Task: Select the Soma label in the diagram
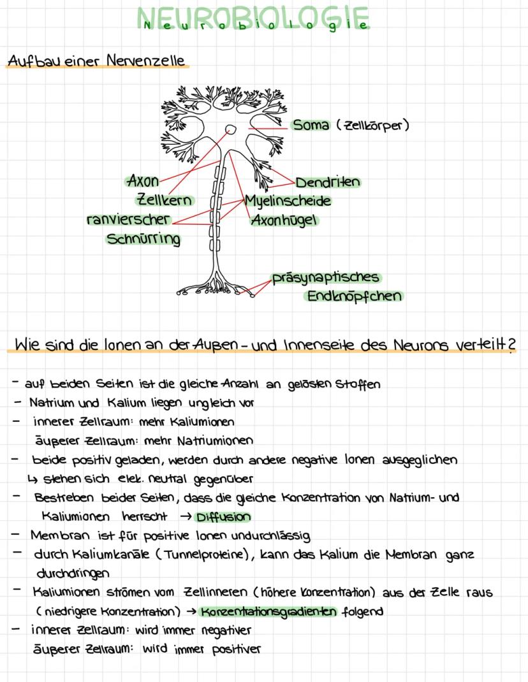[311, 125]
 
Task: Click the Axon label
[143, 180]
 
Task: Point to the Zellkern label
[165, 200]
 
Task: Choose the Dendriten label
[327, 182]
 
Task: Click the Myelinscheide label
[288, 201]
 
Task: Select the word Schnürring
[143, 239]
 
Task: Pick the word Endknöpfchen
[354, 296]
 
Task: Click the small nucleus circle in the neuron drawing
[231, 129]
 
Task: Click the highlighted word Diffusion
[223, 517]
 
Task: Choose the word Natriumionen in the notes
[217, 440]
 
